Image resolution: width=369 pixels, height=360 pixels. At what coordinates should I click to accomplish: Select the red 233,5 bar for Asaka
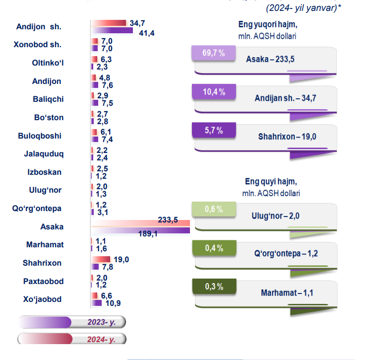click(141, 223)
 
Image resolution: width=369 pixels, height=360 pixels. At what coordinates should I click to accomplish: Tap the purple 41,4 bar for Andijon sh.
click(112, 31)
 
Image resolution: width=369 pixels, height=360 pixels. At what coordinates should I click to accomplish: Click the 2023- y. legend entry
click(71, 322)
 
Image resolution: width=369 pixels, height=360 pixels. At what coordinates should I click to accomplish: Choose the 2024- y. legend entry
click(71, 340)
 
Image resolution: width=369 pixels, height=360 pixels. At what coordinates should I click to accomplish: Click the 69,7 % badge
click(214, 53)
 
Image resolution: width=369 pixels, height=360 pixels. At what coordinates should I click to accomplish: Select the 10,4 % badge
click(214, 92)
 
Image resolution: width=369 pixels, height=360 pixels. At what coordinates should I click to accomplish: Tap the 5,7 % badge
click(213, 131)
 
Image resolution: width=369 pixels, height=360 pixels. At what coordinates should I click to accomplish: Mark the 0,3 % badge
click(213, 287)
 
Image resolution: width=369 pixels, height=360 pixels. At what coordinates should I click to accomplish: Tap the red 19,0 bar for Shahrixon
click(101, 259)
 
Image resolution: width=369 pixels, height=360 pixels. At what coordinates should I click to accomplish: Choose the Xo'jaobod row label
click(43, 299)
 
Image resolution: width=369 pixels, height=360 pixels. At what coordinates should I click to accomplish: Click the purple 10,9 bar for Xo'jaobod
click(95, 303)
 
